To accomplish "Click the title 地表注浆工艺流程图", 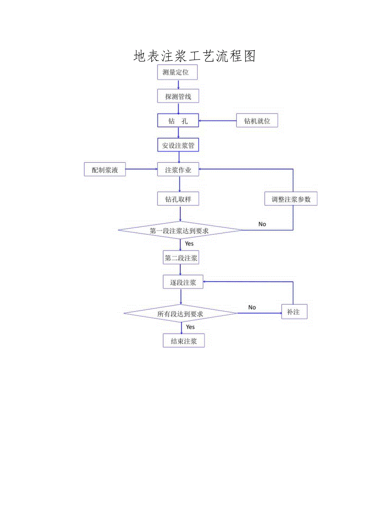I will click(x=195, y=56).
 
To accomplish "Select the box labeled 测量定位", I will click(x=176, y=73).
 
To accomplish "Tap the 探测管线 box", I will click(x=178, y=96).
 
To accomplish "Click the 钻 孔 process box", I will click(x=178, y=121).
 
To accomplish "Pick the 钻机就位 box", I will click(x=257, y=121).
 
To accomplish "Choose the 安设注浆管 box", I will click(x=178, y=145).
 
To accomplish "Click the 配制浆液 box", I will click(x=105, y=170).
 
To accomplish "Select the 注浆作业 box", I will click(x=178, y=170).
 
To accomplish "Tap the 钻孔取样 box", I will click(x=178, y=199).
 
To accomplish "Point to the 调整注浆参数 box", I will click(x=291, y=199).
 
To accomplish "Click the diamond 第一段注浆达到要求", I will click(x=180, y=230).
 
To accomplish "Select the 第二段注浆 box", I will click(x=181, y=258).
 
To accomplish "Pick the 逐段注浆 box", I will click(x=183, y=282).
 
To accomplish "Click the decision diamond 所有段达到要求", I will click(x=180, y=313).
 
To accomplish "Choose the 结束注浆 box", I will click(x=184, y=341).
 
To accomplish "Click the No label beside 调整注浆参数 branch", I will click(x=262, y=224).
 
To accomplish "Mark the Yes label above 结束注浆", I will click(x=190, y=326).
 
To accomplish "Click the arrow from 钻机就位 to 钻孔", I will click(x=217, y=121).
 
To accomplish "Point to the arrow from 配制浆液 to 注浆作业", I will click(x=141, y=170).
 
